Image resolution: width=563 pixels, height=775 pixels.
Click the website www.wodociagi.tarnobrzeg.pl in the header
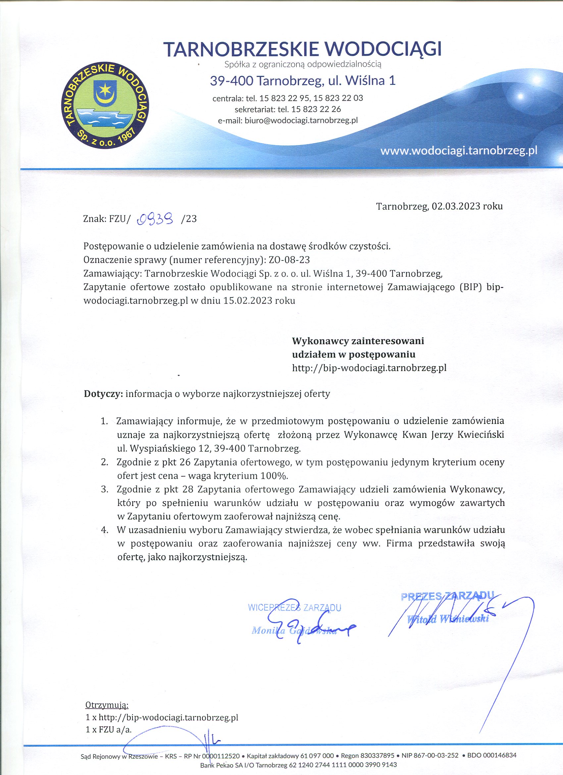point(459,151)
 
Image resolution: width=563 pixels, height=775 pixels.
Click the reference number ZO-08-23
point(289,260)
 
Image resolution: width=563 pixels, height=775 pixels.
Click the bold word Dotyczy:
point(103,394)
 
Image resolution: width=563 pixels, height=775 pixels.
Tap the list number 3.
point(105,489)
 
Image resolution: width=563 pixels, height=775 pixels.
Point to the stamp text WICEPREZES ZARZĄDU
point(294,607)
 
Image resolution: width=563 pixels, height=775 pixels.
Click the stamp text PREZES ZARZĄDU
point(447,596)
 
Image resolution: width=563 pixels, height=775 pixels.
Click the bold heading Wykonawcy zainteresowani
point(358,341)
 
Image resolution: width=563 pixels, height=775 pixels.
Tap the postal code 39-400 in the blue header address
point(231,81)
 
